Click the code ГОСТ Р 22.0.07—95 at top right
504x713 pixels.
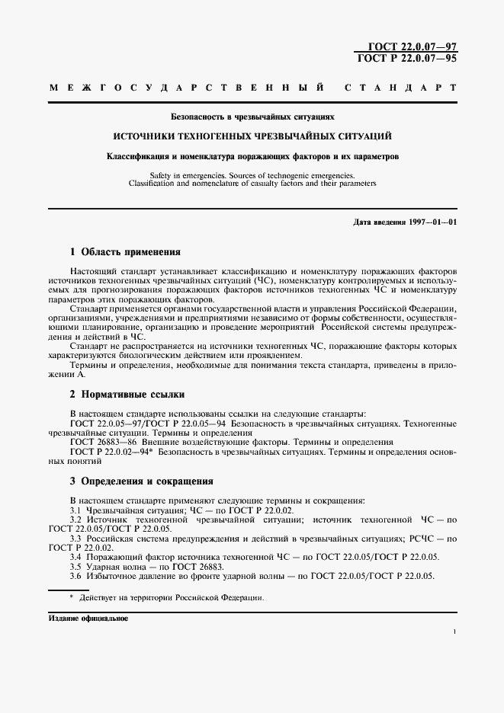coord(407,58)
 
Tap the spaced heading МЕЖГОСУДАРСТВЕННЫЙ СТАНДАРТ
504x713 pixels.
coord(252,88)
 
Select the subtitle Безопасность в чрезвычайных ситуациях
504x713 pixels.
coord(252,118)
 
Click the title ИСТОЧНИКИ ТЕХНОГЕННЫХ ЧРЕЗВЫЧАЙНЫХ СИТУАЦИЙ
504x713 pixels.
coord(252,137)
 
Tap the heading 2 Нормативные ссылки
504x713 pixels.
coord(127,394)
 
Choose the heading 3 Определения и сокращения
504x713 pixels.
coord(141,481)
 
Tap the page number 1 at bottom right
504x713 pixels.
coord(454,631)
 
